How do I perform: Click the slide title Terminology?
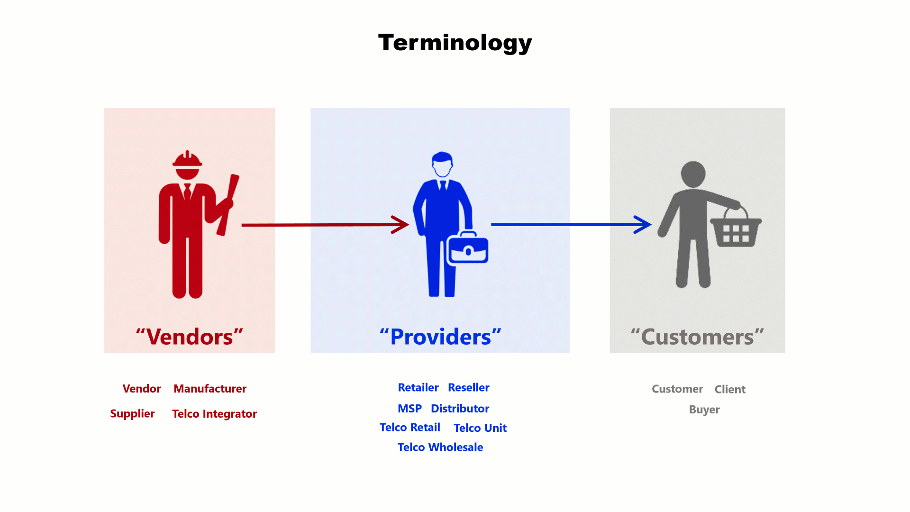point(455,43)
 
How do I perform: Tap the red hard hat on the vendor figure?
point(187,159)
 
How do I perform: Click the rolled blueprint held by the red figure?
point(228,205)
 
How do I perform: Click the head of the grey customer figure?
point(693,174)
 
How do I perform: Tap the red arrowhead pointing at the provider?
point(400,225)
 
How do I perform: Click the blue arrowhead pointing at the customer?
point(643,225)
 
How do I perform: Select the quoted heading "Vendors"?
point(190,337)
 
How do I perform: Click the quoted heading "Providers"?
point(440,337)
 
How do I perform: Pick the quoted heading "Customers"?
point(697,337)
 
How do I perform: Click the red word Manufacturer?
point(210,389)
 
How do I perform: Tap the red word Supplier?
point(132,414)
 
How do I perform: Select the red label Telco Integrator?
point(214,414)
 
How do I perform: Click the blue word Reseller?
point(469,387)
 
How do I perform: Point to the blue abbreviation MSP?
point(409,409)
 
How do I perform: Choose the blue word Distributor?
point(460,409)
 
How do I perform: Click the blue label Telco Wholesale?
point(440,447)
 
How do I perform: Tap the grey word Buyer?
point(704,410)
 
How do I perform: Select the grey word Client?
point(730,389)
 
